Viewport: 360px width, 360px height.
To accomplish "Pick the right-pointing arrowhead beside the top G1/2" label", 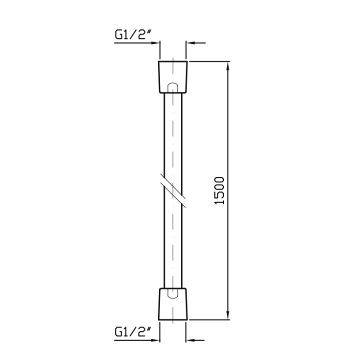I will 155,43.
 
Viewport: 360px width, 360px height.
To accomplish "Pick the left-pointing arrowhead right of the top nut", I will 191,43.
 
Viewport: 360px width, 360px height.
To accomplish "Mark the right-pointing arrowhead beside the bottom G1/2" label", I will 155,340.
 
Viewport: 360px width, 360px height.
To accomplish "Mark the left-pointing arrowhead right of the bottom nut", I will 191,340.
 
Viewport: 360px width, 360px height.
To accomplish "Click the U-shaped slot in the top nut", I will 173,87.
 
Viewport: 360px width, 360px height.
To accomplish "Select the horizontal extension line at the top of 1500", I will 210,61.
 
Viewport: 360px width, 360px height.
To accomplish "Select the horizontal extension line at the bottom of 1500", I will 210,320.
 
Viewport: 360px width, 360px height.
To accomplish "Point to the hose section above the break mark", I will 173,135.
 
